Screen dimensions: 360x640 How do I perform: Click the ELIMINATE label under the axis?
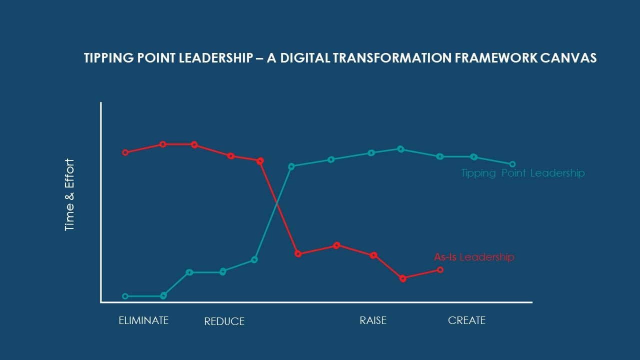click(x=143, y=320)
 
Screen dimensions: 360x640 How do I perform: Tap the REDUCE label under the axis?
click(x=224, y=321)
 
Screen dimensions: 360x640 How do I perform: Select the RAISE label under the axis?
click(x=373, y=320)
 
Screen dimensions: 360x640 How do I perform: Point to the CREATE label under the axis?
click(x=466, y=320)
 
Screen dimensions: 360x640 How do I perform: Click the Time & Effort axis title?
click(x=69, y=194)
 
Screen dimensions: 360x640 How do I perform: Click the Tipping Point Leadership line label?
click(x=522, y=173)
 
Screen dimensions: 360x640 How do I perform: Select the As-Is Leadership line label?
click(x=473, y=257)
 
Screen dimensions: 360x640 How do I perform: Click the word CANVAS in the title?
click(x=568, y=58)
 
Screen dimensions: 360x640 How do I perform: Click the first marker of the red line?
click(x=125, y=152)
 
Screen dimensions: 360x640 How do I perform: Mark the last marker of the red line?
click(x=440, y=269)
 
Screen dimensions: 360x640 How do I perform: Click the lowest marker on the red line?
click(x=403, y=278)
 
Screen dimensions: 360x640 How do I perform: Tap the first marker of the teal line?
click(x=125, y=296)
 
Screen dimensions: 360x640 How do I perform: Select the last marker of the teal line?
click(x=512, y=164)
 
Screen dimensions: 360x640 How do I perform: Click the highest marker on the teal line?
click(x=400, y=149)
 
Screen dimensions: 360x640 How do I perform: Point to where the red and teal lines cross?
click(x=276, y=202)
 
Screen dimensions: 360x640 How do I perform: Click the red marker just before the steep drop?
click(x=260, y=161)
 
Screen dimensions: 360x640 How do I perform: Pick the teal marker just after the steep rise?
click(x=291, y=166)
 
